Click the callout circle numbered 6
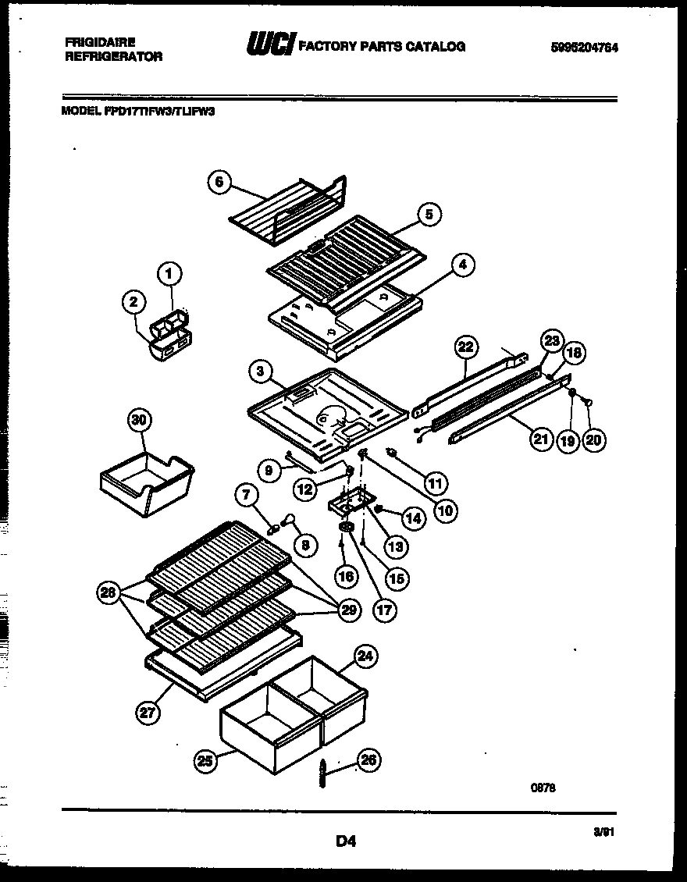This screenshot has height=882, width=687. [x=219, y=182]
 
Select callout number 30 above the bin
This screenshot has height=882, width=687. [x=139, y=421]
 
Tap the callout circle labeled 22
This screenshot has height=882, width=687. [x=465, y=347]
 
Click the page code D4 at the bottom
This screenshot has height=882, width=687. [x=346, y=841]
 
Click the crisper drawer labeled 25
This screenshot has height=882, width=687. [x=269, y=726]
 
